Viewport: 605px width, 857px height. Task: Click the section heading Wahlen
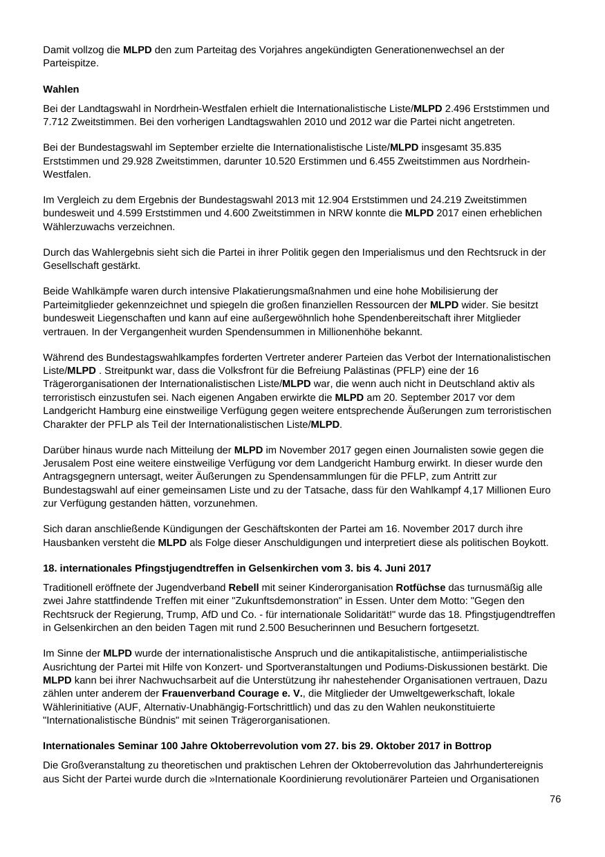tap(61, 89)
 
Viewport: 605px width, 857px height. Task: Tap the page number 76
tap(555, 799)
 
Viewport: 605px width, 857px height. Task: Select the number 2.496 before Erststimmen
tap(459, 109)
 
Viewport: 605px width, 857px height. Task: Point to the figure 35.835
tap(485, 147)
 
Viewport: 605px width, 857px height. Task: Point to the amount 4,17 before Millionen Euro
tap(474, 490)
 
